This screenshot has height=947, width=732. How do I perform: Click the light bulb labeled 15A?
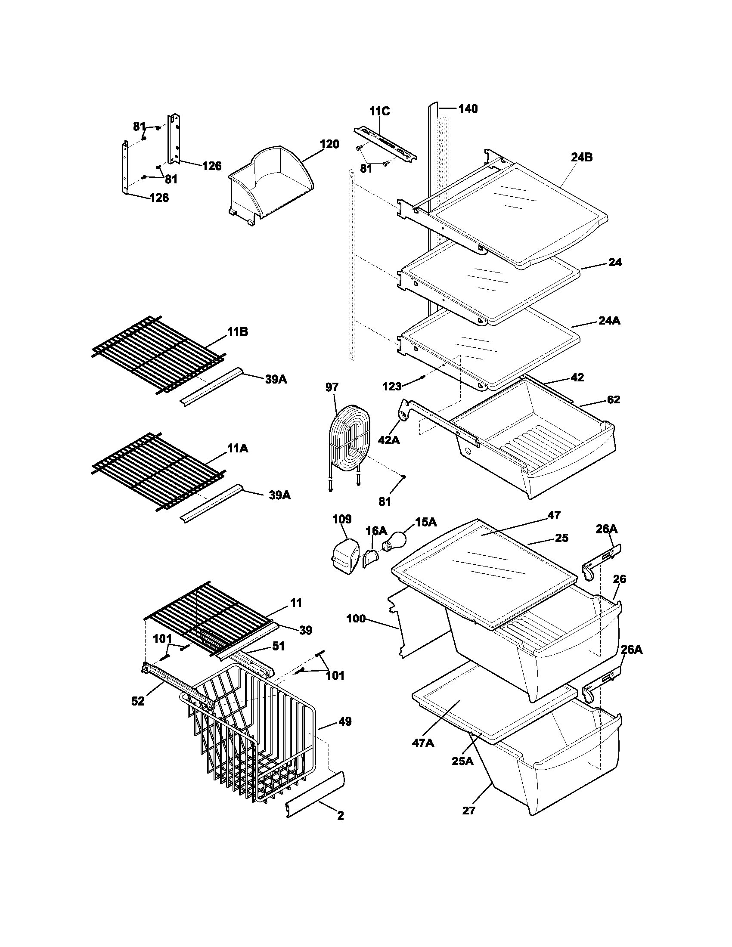click(393, 542)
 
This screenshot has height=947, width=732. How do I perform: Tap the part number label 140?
click(468, 109)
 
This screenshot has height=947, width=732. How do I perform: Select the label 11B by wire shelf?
click(237, 332)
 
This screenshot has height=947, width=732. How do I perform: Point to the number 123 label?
click(392, 386)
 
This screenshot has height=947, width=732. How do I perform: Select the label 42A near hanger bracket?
click(389, 440)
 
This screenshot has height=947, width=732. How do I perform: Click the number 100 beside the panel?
click(356, 619)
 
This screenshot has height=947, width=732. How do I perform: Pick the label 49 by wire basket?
click(345, 721)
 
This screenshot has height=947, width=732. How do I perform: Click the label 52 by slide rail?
click(138, 701)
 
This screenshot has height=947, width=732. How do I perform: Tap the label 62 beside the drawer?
click(613, 399)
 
